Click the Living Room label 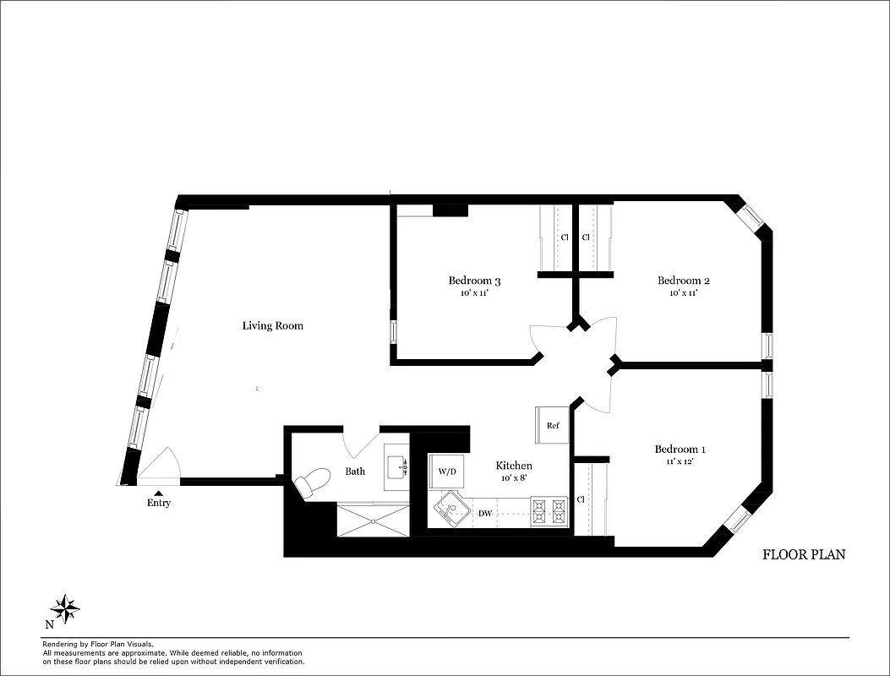tap(272, 325)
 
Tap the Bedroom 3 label tap(474, 281)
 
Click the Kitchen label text tap(513, 466)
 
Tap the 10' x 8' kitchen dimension tap(513, 478)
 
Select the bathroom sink tap(396, 466)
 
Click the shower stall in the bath tap(373, 519)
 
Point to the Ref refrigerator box tap(553, 425)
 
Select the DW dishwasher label tap(485, 513)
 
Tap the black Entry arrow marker tap(158, 492)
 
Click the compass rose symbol tap(65, 607)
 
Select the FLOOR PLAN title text tap(804, 554)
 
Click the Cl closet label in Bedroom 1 tap(581, 499)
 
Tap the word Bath tap(355, 471)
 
